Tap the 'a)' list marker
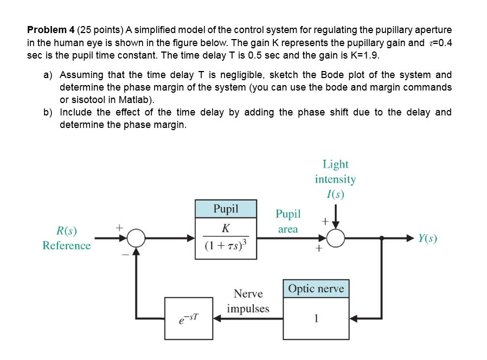[x=48, y=75]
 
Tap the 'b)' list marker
[x=48, y=112]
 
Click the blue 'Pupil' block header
[x=226, y=209]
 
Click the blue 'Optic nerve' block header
[x=316, y=288]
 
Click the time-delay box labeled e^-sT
[x=189, y=318]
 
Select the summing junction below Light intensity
[x=336, y=238]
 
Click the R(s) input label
[x=67, y=232]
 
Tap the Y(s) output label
[x=427, y=238]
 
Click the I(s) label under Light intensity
[x=335, y=194]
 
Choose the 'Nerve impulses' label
[x=248, y=301]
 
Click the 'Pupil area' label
[x=288, y=221]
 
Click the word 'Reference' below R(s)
[x=67, y=246]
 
